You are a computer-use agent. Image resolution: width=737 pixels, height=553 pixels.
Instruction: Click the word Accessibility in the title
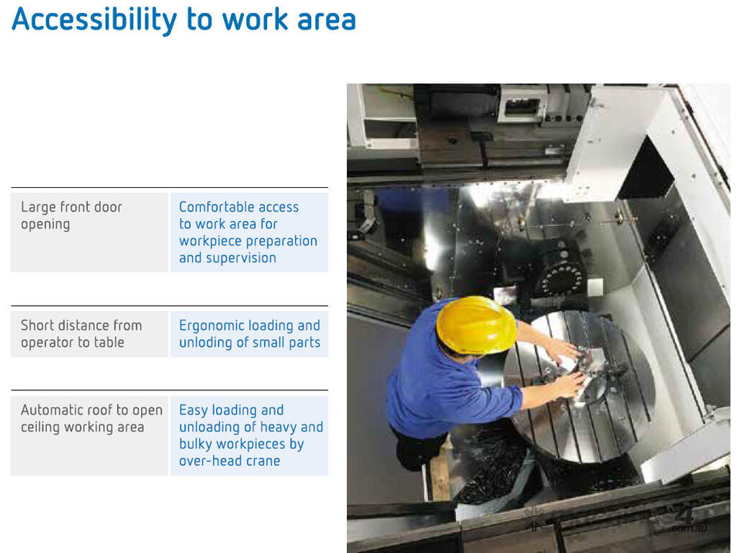click(x=94, y=20)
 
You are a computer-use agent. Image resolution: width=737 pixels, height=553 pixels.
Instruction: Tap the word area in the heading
click(x=327, y=19)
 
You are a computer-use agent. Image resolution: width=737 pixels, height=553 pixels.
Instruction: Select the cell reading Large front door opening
click(x=89, y=233)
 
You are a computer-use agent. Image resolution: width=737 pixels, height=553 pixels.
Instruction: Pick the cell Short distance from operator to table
click(x=89, y=334)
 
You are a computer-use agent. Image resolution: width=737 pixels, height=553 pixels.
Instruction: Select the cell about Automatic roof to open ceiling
click(x=89, y=436)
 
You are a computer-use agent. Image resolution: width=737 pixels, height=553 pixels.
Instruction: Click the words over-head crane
click(x=230, y=461)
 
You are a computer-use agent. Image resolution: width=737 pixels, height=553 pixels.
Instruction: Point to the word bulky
click(x=194, y=444)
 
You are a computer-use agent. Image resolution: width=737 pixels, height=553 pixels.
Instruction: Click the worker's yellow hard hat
click(x=476, y=324)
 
